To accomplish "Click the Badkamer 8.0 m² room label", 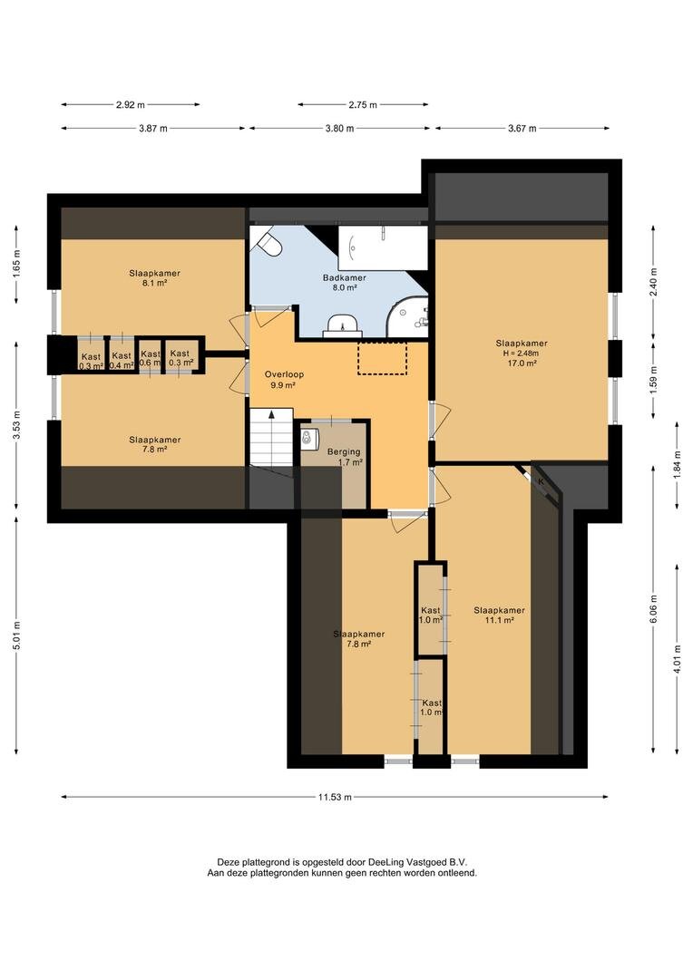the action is point(345,283).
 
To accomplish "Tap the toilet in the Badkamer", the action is point(270,243).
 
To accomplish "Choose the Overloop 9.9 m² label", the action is point(284,380).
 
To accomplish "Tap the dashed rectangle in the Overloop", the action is point(383,357).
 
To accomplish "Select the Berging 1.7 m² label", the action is point(344,457).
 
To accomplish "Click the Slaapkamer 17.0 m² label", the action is point(522,353).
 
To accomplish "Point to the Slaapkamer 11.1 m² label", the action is point(499,615).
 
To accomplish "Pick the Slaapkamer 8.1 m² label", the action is point(155,278).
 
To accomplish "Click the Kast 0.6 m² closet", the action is point(150,356).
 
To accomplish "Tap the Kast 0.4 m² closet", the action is point(122,356).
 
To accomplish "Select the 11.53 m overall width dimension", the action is point(335,797).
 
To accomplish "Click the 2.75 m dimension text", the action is point(363,105).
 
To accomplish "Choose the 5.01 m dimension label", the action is point(16,635).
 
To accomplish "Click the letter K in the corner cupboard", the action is point(542,482).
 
